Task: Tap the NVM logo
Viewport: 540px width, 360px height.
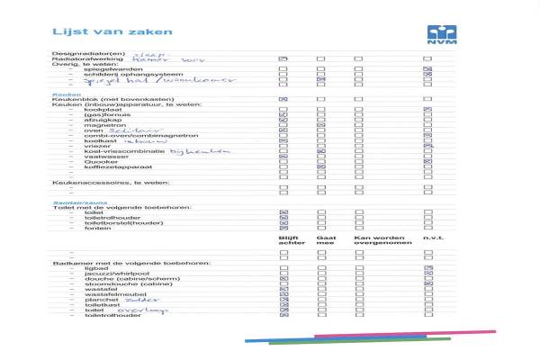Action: pyautogui.click(x=436, y=34)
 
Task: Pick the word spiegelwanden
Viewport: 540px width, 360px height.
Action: pyautogui.click(x=112, y=68)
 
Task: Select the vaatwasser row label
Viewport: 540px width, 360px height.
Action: pyautogui.click(x=102, y=157)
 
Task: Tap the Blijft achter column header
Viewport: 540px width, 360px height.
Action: pyautogui.click(x=286, y=241)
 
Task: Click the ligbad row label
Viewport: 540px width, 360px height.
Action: pyautogui.click(x=94, y=268)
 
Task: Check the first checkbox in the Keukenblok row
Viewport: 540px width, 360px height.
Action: pyautogui.click(x=283, y=98)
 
